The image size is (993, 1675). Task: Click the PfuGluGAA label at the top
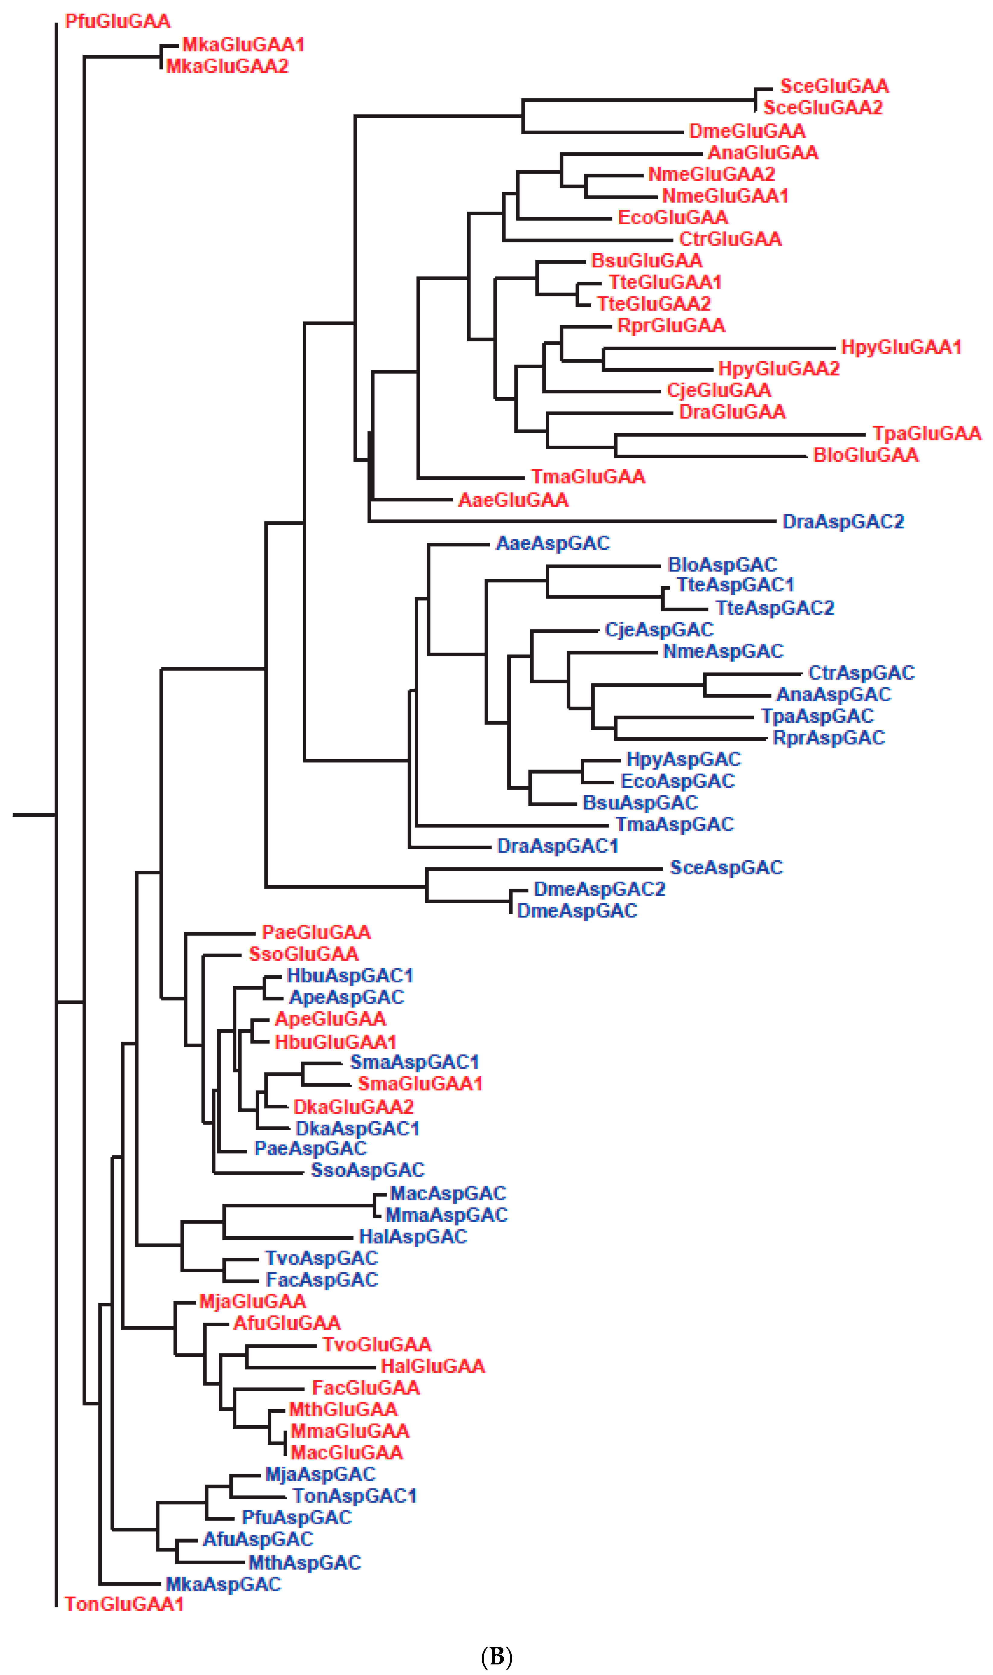[x=118, y=21]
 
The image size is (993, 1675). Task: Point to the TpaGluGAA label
[x=926, y=434]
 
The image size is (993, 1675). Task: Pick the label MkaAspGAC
[x=223, y=1584]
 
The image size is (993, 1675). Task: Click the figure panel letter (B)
[x=496, y=1651]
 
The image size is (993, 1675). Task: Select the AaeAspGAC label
[x=553, y=543]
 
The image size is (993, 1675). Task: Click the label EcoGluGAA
[x=672, y=217]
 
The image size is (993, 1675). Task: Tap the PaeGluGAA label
[x=316, y=932]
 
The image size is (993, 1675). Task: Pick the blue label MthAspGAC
[x=305, y=1563]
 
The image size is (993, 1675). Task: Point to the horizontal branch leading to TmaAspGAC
[x=512, y=825]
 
